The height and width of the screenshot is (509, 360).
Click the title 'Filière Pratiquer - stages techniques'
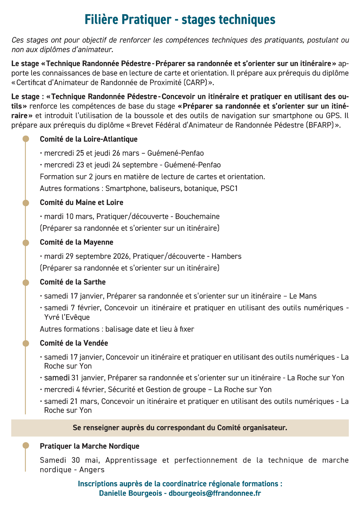pos(180,20)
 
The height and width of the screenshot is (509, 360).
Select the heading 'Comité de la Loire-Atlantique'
pos(88,139)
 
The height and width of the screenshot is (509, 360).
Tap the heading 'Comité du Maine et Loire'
pos(81,202)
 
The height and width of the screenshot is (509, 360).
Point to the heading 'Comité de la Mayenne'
pos(76,242)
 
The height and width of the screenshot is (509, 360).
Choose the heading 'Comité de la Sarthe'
pos(73,282)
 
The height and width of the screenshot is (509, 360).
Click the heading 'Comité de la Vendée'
pos(74,343)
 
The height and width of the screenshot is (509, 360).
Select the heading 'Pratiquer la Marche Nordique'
pos(89,446)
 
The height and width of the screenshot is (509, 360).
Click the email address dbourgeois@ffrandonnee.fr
pos(214,493)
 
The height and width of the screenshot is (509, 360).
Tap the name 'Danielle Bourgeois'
pos(131,493)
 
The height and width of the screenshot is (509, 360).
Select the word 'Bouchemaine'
pos(197,216)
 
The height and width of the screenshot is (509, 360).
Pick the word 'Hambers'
pos(226,256)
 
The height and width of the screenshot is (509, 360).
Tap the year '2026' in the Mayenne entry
pos(121,256)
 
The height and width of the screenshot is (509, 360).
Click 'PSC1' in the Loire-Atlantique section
pos(229,189)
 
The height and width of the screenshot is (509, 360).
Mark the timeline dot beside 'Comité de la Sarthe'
pos(26,282)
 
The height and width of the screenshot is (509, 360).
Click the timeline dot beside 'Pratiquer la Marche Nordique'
pos(26,446)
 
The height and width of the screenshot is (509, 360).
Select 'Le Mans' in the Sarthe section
pos(303,296)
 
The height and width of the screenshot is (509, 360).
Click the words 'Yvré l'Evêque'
pos(67,317)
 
